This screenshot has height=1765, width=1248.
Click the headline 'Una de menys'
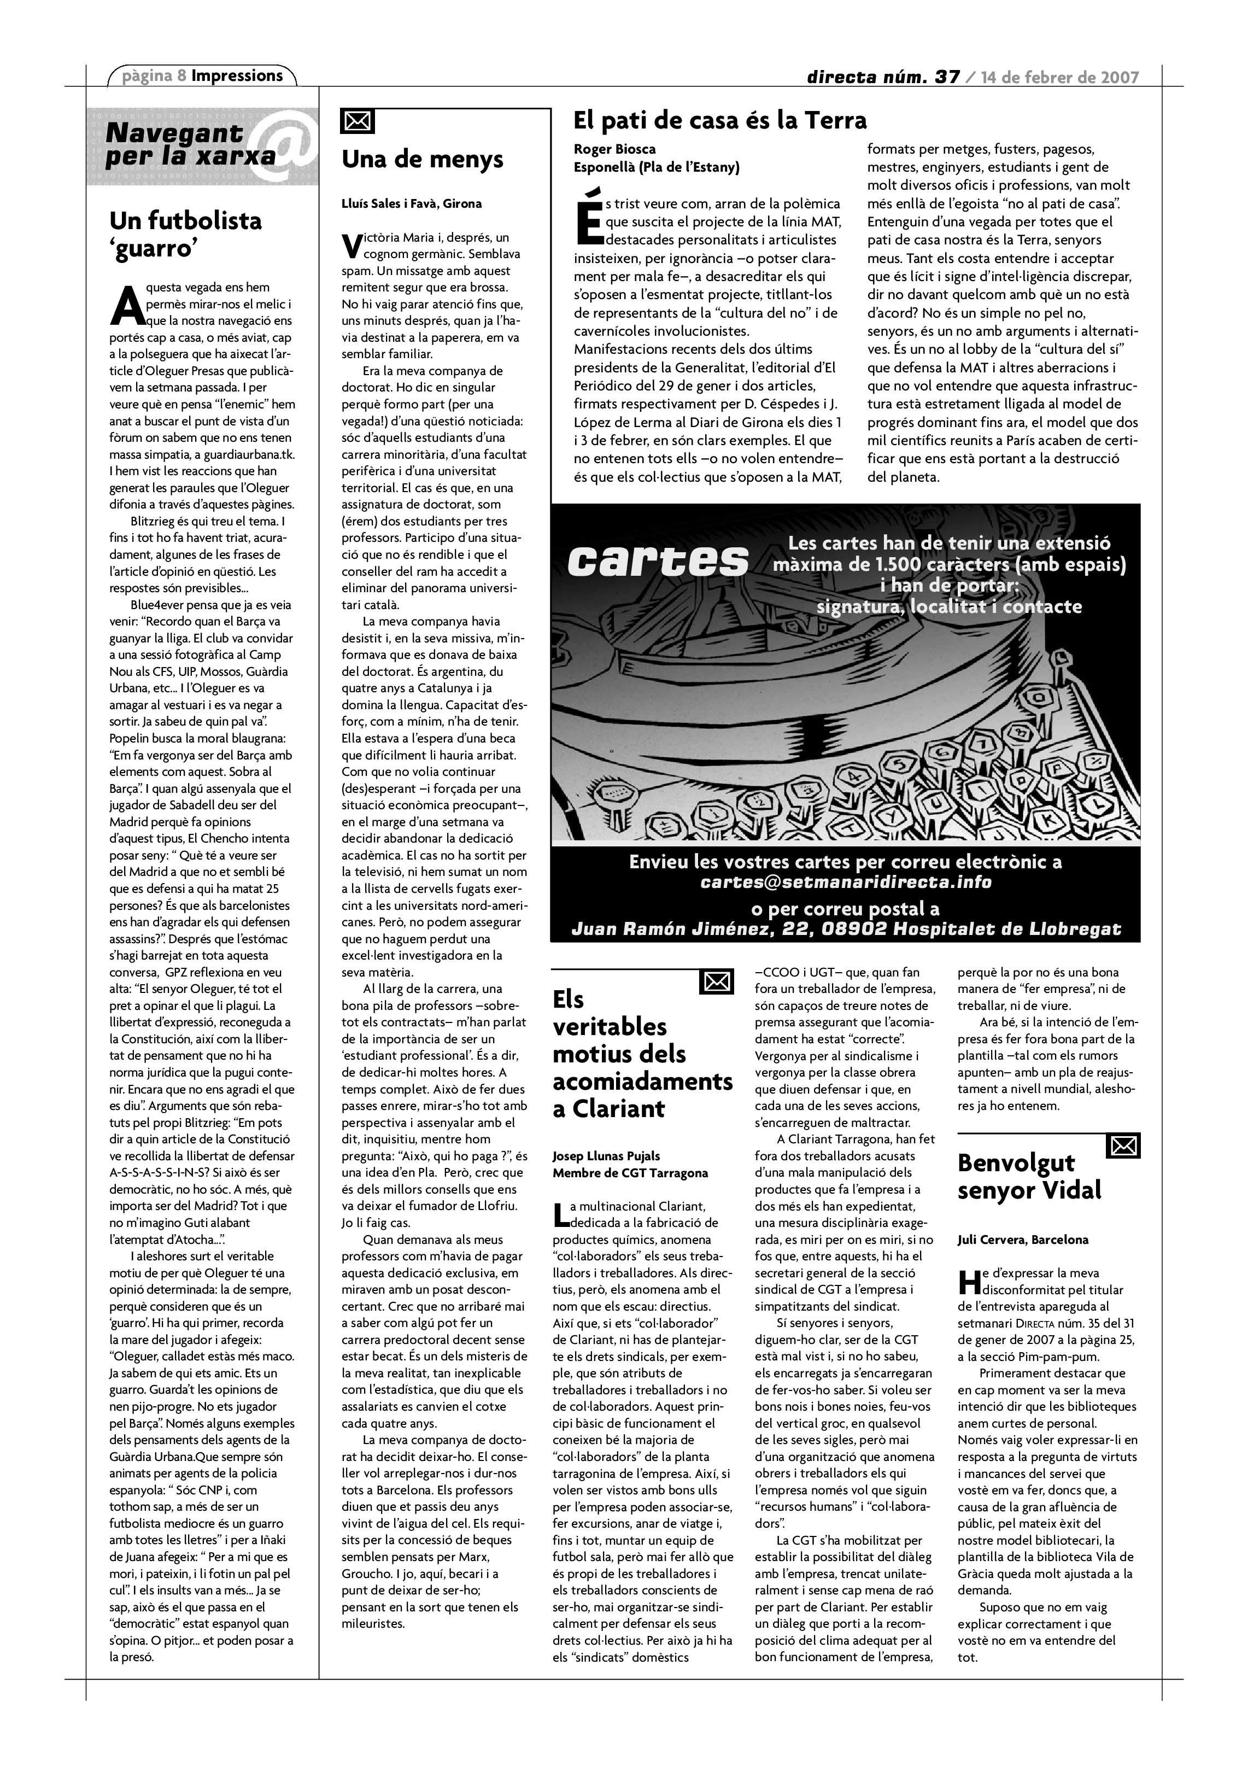click(x=422, y=159)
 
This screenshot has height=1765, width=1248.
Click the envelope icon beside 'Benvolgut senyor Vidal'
click(x=1123, y=1146)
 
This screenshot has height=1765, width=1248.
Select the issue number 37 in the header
click(x=947, y=77)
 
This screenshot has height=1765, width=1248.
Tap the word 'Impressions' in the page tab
click(x=237, y=75)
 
